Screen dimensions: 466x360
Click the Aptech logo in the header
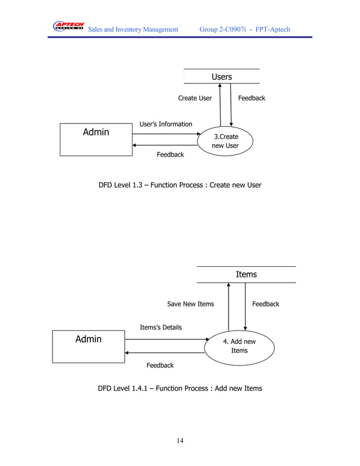click(68, 27)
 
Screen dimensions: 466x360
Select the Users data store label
click(221, 77)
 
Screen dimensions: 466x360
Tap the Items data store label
click(246, 274)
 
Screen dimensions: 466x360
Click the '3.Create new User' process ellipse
click(225, 141)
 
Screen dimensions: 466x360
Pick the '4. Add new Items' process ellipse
click(239, 346)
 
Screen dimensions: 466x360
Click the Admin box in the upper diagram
click(95, 139)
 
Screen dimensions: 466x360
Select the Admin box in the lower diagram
click(88, 346)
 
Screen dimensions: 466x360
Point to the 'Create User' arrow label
click(195, 98)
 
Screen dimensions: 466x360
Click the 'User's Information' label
click(165, 124)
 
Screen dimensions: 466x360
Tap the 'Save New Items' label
click(190, 304)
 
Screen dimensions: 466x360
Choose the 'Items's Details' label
click(160, 327)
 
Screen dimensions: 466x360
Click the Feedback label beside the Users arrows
click(251, 98)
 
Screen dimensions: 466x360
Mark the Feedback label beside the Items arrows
click(265, 304)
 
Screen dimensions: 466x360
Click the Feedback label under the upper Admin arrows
click(170, 155)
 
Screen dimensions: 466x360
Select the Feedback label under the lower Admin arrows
click(160, 366)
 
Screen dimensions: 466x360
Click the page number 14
click(179, 441)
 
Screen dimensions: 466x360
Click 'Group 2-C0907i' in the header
click(225, 29)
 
